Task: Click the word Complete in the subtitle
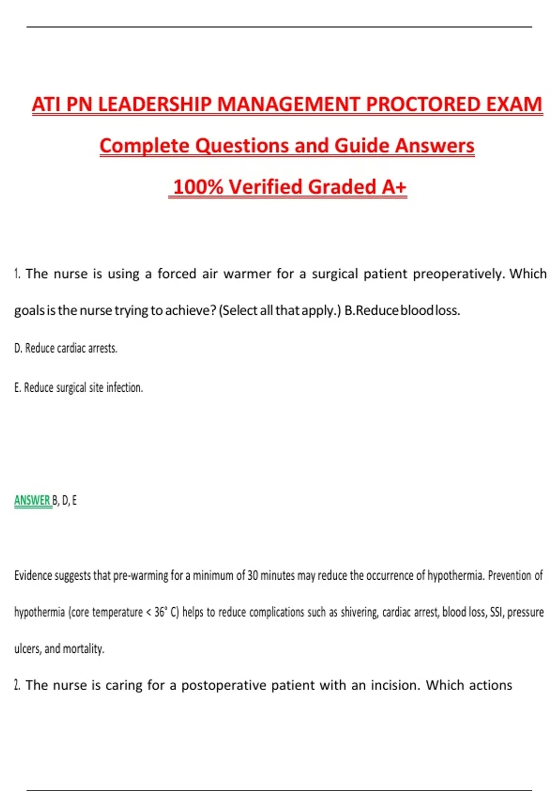coord(145,146)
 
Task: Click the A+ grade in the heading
coord(394,187)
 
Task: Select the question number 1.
coord(17,274)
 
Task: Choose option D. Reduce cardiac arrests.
coord(66,348)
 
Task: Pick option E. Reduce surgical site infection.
coord(78,388)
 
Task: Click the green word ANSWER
coord(32,501)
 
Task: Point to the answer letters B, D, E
coord(64,501)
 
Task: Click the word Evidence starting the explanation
coord(33,576)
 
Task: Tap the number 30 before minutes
coord(252,576)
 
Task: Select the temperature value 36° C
coord(166,612)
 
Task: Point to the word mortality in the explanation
coord(83,649)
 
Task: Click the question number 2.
coord(17,685)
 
